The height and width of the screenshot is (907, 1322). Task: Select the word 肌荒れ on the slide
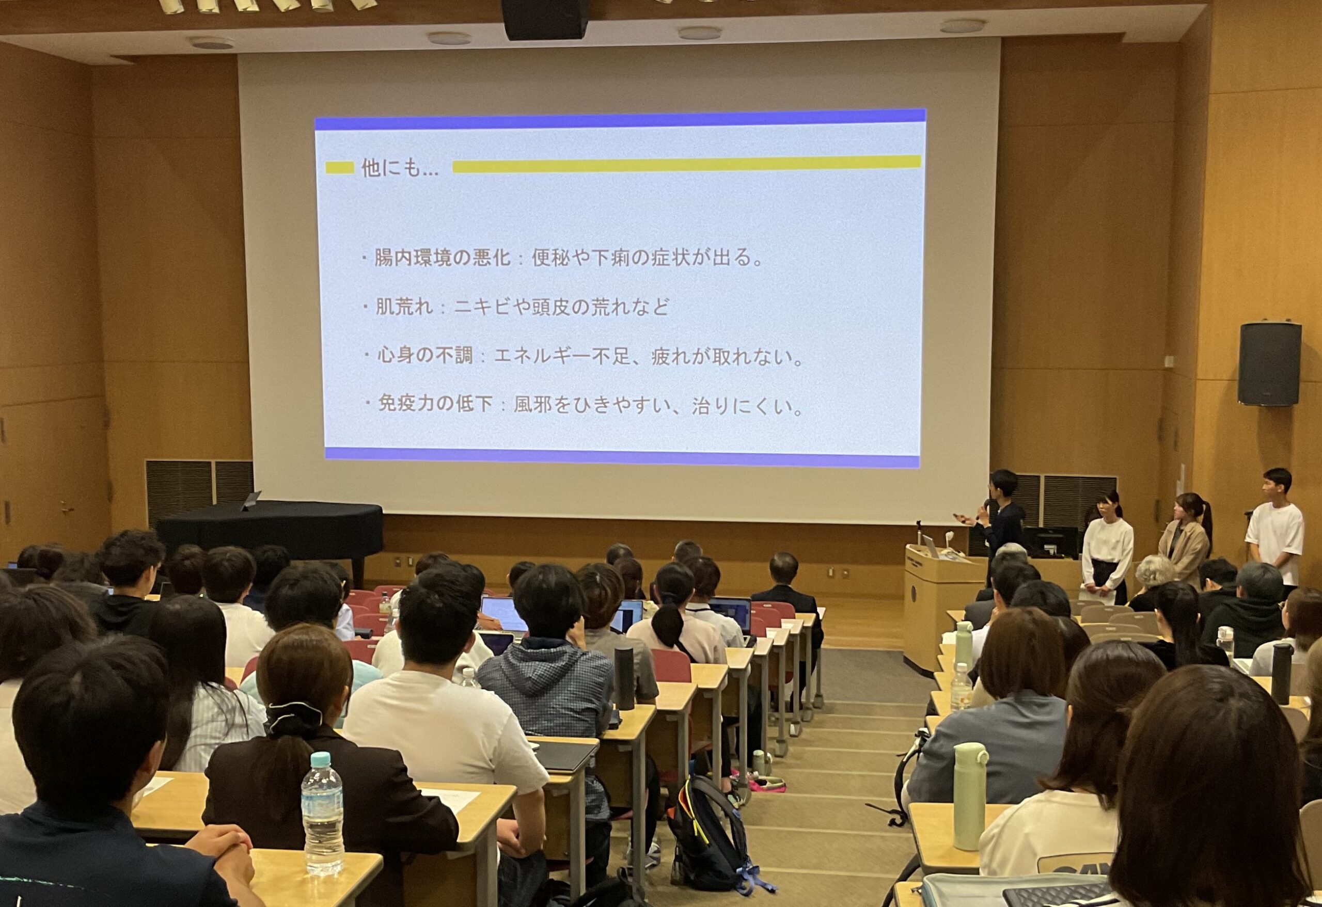(x=404, y=308)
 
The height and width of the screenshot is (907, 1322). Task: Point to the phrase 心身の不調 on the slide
(x=425, y=357)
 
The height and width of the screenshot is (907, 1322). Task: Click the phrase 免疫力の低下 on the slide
(x=435, y=404)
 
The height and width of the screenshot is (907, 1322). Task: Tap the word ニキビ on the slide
(x=482, y=308)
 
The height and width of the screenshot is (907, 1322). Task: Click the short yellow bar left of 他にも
(x=340, y=168)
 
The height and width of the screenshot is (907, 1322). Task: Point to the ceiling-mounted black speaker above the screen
(x=544, y=19)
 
